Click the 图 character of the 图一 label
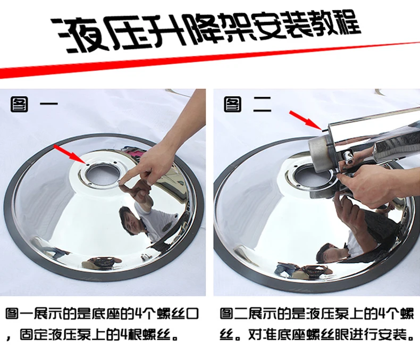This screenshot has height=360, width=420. [x=19, y=104]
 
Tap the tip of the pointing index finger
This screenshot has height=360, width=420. [x=121, y=182]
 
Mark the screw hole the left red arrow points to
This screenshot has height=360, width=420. [x=87, y=164]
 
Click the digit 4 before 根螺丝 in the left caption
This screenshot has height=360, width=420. [x=124, y=334]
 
